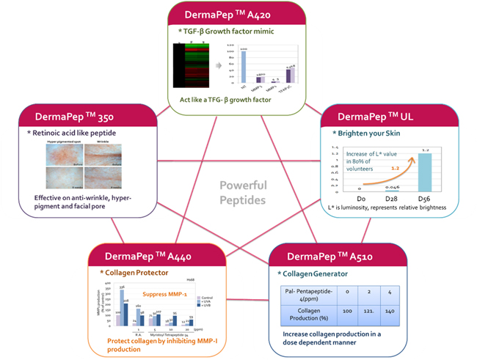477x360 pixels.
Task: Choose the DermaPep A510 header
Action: click(341, 258)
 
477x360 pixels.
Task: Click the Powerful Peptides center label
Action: click(241, 191)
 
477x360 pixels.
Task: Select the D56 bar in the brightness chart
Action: click(423, 173)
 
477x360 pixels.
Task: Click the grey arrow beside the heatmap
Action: click(219, 67)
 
